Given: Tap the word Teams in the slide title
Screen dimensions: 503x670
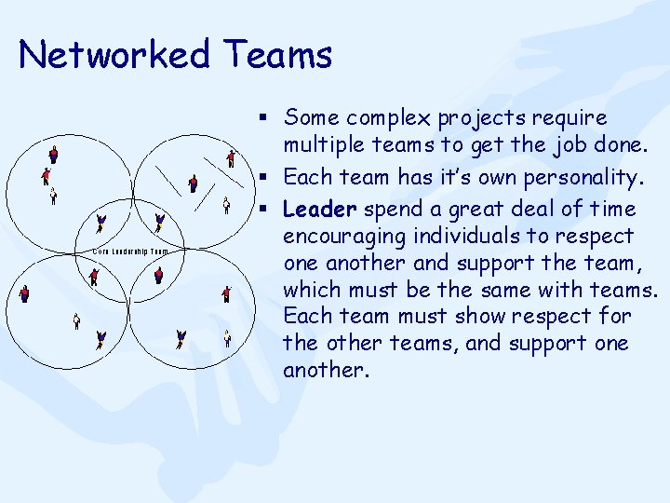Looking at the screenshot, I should (x=278, y=55).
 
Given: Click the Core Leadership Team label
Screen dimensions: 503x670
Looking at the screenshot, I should (x=131, y=251).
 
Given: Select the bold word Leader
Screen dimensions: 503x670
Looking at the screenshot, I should (x=319, y=209).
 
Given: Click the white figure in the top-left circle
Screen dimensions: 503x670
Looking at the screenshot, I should (x=53, y=197).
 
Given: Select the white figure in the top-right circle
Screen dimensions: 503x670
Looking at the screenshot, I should (x=226, y=205).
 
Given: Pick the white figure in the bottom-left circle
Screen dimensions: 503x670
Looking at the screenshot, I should (x=76, y=321).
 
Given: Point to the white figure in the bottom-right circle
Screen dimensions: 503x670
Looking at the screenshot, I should (x=227, y=337).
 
